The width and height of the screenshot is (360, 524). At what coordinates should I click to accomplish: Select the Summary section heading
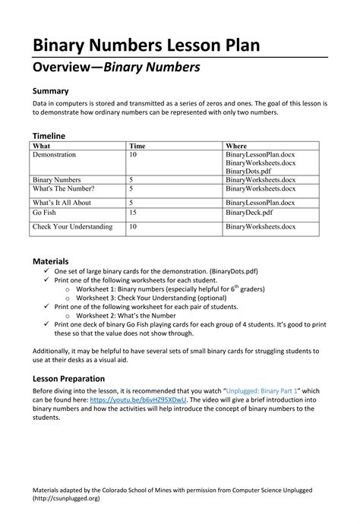54,90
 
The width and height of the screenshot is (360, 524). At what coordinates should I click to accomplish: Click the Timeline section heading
53,135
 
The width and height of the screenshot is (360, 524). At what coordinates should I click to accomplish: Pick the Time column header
137,146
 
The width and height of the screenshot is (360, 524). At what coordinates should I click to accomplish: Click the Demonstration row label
54,154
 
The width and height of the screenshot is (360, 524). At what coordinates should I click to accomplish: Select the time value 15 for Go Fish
134,214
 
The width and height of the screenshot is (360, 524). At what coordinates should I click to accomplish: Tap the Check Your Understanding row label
72,226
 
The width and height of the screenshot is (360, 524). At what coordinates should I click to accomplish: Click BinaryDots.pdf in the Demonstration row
252,171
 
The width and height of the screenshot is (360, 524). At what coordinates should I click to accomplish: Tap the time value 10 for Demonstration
134,154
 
